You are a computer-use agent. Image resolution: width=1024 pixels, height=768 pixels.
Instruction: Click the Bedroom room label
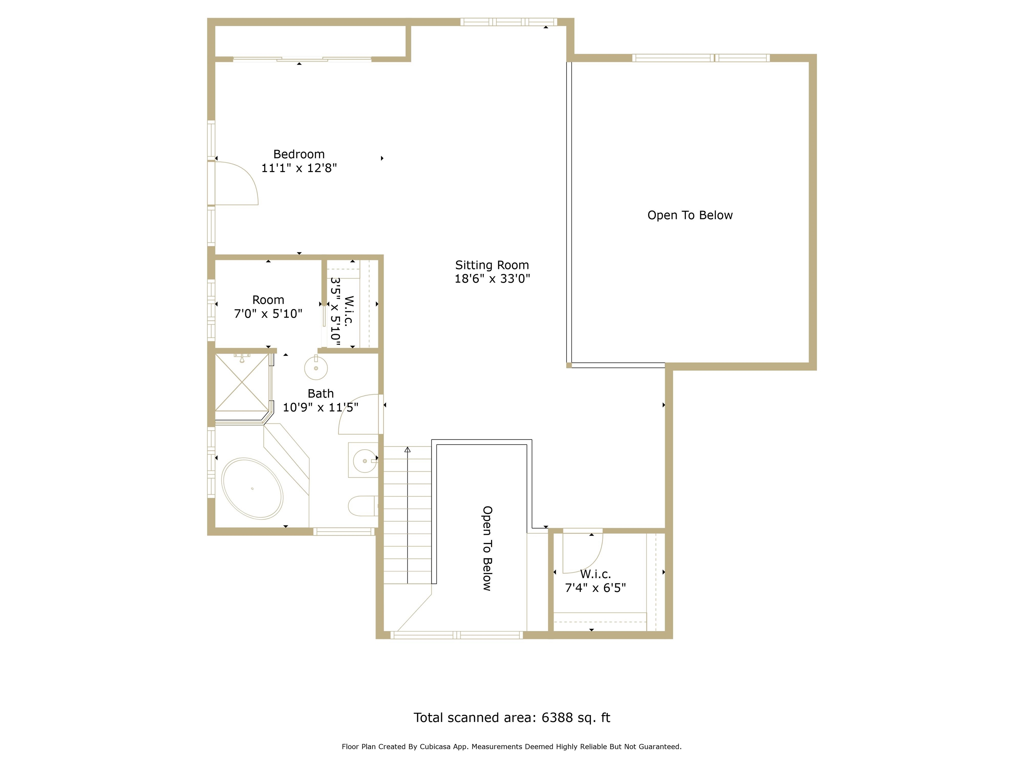299,154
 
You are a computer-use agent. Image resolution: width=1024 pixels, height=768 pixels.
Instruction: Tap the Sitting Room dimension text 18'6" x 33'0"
492,279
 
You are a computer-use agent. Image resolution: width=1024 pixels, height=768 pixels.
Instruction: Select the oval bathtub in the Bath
252,488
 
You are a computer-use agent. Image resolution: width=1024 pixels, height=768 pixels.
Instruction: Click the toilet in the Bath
362,506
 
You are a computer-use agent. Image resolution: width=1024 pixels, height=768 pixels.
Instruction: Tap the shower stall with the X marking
242,382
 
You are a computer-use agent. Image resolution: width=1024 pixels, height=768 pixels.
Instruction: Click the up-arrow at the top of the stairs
407,450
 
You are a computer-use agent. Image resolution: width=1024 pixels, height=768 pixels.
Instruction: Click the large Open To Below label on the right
690,215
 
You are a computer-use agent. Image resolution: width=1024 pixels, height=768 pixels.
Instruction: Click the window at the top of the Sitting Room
508,22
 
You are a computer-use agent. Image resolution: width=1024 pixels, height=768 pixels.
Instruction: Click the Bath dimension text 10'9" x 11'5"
320,407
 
